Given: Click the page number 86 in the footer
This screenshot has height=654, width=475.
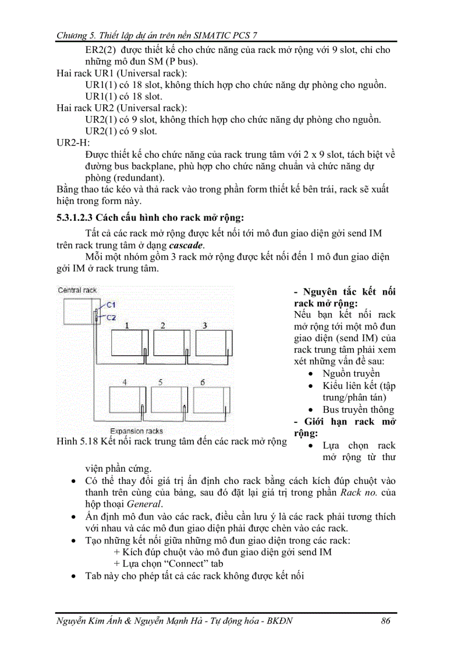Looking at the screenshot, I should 385,620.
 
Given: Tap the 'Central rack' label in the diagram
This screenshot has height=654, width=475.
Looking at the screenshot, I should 77,290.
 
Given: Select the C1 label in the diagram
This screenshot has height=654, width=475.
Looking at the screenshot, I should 111,305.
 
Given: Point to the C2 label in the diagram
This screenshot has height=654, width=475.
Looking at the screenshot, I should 111,317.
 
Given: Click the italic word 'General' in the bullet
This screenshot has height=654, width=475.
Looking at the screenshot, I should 144,504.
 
